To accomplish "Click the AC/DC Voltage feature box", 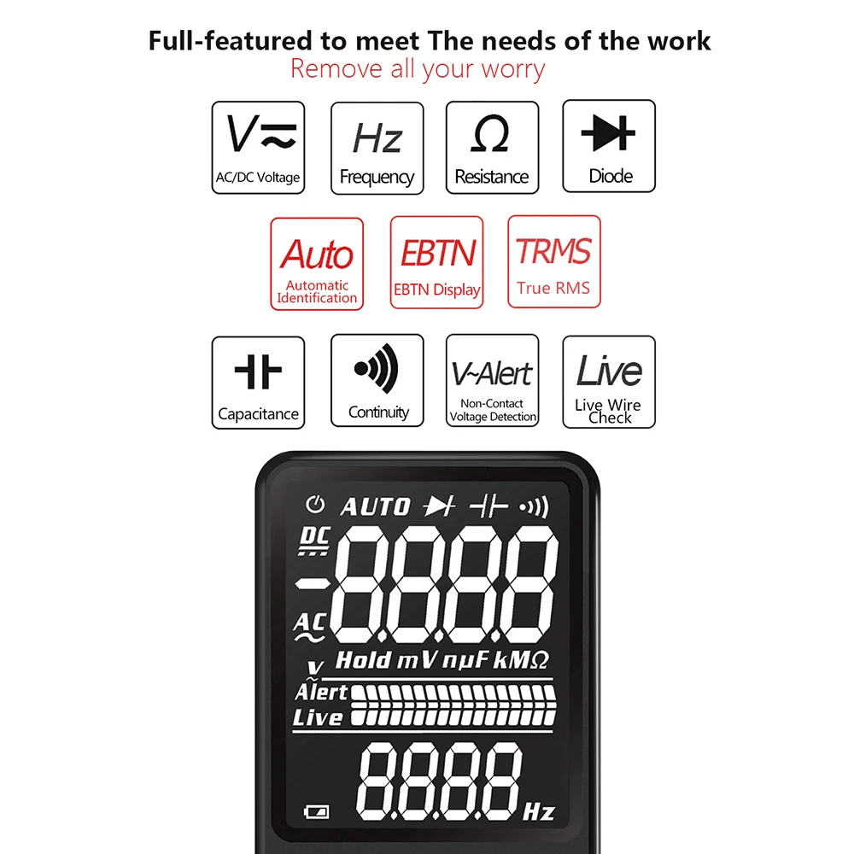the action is click(x=258, y=148).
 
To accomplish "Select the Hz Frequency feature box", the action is click(x=377, y=148).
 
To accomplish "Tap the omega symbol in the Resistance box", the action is click(x=491, y=134).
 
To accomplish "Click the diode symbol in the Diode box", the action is click(x=608, y=132).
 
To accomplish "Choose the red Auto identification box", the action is click(x=317, y=264).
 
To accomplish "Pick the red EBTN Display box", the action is click(x=436, y=262).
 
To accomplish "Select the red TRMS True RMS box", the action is click(x=554, y=261).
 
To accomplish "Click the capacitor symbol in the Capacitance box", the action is click(x=258, y=371).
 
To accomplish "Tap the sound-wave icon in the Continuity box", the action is click(x=377, y=369).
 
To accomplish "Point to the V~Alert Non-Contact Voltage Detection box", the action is click(x=493, y=380).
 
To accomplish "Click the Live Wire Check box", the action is click(x=609, y=382).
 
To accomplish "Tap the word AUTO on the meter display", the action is click(x=375, y=507).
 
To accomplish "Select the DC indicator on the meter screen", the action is click(x=314, y=541).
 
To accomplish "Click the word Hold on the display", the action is click(x=363, y=660).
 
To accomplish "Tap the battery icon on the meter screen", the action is click(x=317, y=812).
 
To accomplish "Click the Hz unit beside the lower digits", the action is click(x=539, y=811).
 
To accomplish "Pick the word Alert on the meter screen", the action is click(x=321, y=692).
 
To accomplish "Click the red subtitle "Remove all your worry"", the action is click(x=418, y=69).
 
